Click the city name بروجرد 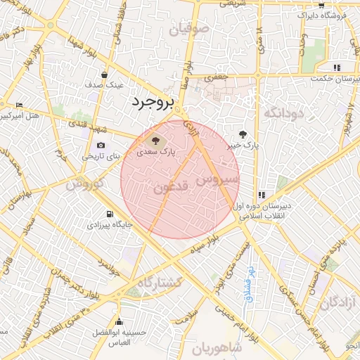pos(151,103)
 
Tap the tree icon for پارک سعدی pos(155,139)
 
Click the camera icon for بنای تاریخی pos(101,146)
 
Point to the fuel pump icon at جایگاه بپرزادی pos(109,214)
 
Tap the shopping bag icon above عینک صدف pos(105,75)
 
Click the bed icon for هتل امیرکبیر pos(18,104)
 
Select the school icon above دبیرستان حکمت pos(337,67)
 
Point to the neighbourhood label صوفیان pos(190,29)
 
